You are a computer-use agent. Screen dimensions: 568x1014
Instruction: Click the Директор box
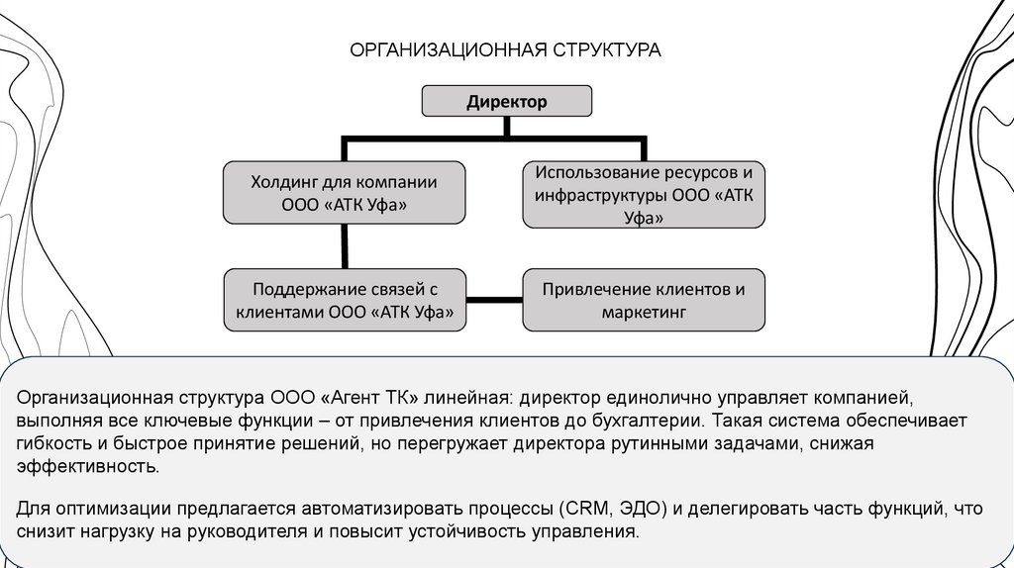[x=506, y=101]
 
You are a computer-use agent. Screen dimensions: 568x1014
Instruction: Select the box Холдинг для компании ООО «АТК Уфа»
[x=344, y=192]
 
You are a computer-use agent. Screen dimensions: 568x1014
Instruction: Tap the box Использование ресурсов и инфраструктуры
[x=644, y=193]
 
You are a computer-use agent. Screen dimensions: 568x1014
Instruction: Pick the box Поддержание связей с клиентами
[x=344, y=300]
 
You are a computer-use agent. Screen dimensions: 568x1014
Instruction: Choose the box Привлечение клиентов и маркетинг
[x=644, y=300]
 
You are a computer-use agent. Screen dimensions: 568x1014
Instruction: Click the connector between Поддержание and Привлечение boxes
[x=494, y=298]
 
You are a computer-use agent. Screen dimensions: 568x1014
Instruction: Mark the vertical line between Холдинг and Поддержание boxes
[x=344, y=246]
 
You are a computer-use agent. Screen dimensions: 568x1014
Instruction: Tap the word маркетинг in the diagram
[x=644, y=312]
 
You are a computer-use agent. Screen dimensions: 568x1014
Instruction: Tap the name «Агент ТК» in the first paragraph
[x=373, y=398]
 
